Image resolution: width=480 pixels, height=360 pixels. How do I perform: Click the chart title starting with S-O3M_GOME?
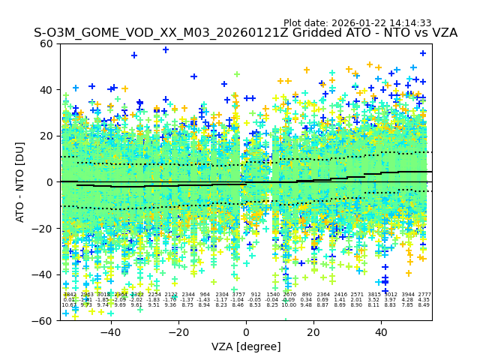245,33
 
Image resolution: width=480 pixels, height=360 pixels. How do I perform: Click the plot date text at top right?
357,23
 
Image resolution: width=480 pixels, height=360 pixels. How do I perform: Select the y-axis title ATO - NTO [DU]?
21,181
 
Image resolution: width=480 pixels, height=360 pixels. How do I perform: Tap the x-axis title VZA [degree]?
245,346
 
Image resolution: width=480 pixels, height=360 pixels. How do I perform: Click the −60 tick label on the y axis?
45,320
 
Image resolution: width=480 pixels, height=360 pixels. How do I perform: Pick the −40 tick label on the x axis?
110,332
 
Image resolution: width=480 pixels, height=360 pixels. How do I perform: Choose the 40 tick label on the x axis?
381,332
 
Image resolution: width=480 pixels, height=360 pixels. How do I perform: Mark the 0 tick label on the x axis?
246,332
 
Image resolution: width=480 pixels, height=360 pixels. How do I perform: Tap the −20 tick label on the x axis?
178,332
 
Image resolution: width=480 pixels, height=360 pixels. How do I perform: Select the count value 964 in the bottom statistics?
205,295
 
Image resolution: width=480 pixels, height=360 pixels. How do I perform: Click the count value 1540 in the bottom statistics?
273,295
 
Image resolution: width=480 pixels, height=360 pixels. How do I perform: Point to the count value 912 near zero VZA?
256,295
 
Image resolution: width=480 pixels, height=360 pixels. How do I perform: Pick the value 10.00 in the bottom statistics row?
289,305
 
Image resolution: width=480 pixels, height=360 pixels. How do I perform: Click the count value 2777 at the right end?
424,295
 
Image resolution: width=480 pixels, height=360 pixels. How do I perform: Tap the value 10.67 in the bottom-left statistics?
69,305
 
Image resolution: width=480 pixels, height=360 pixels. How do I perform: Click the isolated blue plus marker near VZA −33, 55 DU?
134,55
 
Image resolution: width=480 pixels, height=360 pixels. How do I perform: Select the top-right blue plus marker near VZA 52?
423,53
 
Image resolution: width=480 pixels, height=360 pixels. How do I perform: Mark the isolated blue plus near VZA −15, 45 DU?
193,76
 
